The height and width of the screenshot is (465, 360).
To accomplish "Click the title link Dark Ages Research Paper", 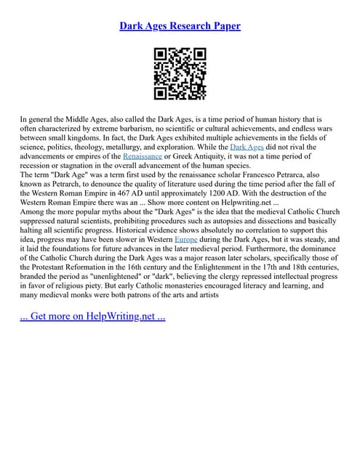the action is click(180, 26).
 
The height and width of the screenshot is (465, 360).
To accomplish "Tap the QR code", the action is click(180, 73).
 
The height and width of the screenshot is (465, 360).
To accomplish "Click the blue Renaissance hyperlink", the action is click(148, 155).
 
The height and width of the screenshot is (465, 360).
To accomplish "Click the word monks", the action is click(89, 296).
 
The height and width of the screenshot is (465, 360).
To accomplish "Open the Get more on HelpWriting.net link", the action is click(94, 316).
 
